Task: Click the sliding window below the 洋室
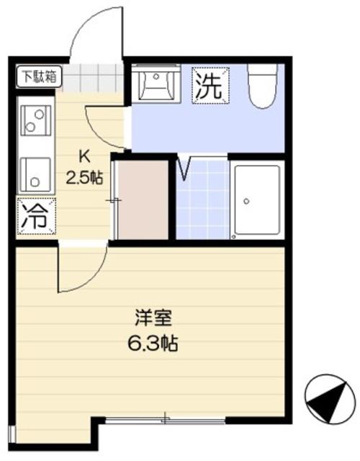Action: [x=166, y=419]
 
